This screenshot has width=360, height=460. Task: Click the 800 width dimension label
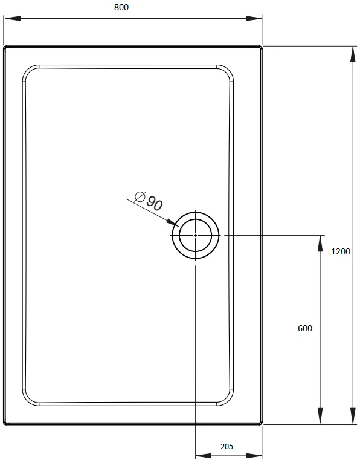click(121, 7)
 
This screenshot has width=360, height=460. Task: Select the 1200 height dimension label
click(341, 251)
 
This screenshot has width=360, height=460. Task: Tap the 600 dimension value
click(305, 328)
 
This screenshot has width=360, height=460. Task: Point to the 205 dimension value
click(227, 446)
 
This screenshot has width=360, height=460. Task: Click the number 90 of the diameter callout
click(154, 203)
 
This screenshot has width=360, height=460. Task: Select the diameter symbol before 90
click(140, 196)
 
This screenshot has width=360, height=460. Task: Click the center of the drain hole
click(196, 235)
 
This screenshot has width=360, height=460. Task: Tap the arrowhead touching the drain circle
click(173, 222)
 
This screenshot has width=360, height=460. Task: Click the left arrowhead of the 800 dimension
click(13, 18)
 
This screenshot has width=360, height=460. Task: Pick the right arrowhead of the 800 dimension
click(254, 18)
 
